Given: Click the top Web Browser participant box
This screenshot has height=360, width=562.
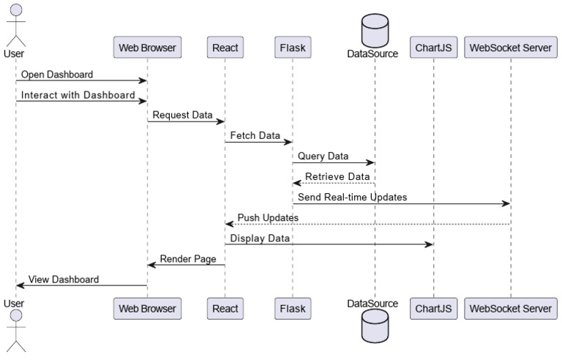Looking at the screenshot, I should [147, 48].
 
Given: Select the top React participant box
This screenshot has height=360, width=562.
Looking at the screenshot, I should [225, 48].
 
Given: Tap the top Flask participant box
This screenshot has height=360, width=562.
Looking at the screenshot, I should [292, 48].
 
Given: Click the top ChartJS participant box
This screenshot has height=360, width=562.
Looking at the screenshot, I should [433, 48].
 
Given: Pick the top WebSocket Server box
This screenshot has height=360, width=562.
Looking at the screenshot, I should [511, 48].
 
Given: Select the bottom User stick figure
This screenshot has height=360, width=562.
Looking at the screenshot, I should [15, 331].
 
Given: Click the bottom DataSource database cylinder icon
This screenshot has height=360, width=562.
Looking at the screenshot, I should [374, 327].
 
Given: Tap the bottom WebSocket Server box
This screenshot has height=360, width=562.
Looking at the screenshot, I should [511, 309].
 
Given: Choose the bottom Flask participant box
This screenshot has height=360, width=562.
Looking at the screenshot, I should [292, 309].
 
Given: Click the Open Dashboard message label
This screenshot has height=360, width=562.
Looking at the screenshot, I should [57, 75].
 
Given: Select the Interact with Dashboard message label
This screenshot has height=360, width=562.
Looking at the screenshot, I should [78, 95].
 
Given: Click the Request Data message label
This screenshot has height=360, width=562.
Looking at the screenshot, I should [182, 116].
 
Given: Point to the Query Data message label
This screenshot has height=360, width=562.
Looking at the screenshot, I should [323, 157].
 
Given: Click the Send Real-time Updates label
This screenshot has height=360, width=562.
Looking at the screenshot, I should [352, 197].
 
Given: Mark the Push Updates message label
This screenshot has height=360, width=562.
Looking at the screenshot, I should [267, 217].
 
